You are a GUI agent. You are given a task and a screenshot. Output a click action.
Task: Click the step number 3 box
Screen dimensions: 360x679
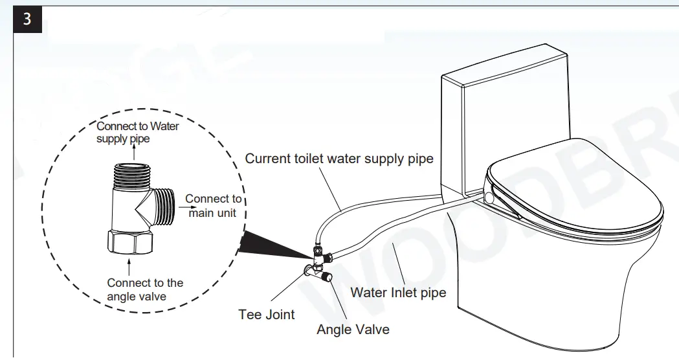(x=27, y=19)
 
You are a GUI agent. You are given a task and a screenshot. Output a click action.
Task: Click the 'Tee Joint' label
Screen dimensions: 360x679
(x=266, y=315)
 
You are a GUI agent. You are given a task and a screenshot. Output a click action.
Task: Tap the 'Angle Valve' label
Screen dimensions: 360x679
(x=353, y=330)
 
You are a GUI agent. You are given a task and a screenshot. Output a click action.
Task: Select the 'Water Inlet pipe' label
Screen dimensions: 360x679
(x=398, y=293)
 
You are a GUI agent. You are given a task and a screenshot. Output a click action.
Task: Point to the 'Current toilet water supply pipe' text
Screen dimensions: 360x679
(x=339, y=159)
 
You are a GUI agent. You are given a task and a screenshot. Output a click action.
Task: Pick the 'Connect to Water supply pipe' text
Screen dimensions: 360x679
(x=137, y=133)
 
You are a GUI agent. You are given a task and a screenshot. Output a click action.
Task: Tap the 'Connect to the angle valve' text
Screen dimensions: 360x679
(x=145, y=289)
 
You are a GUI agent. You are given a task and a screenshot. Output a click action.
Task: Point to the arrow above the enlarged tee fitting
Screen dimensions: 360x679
(x=131, y=152)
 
